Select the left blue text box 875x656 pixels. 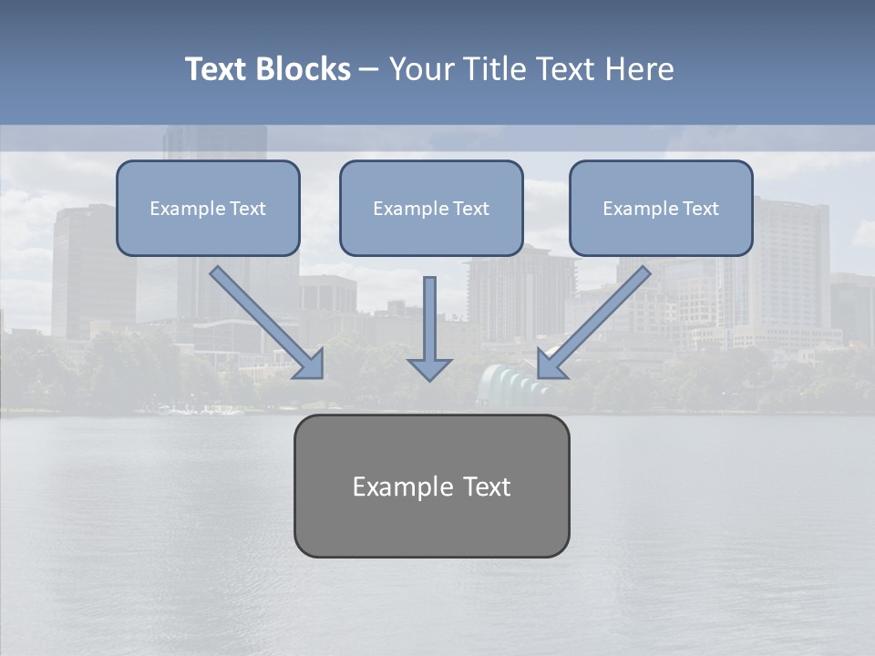point(208,208)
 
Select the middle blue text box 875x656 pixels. point(431,208)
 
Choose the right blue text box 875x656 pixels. point(661,208)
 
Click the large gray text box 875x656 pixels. point(431,486)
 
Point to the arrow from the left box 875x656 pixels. point(264,321)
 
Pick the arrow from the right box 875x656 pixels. point(597,321)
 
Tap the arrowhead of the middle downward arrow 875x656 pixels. point(430,368)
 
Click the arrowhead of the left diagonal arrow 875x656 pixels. point(311,365)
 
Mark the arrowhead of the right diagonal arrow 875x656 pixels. point(551,365)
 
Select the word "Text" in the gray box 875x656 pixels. point(487,487)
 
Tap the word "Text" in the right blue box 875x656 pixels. point(701,209)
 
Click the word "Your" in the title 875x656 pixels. point(421,69)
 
